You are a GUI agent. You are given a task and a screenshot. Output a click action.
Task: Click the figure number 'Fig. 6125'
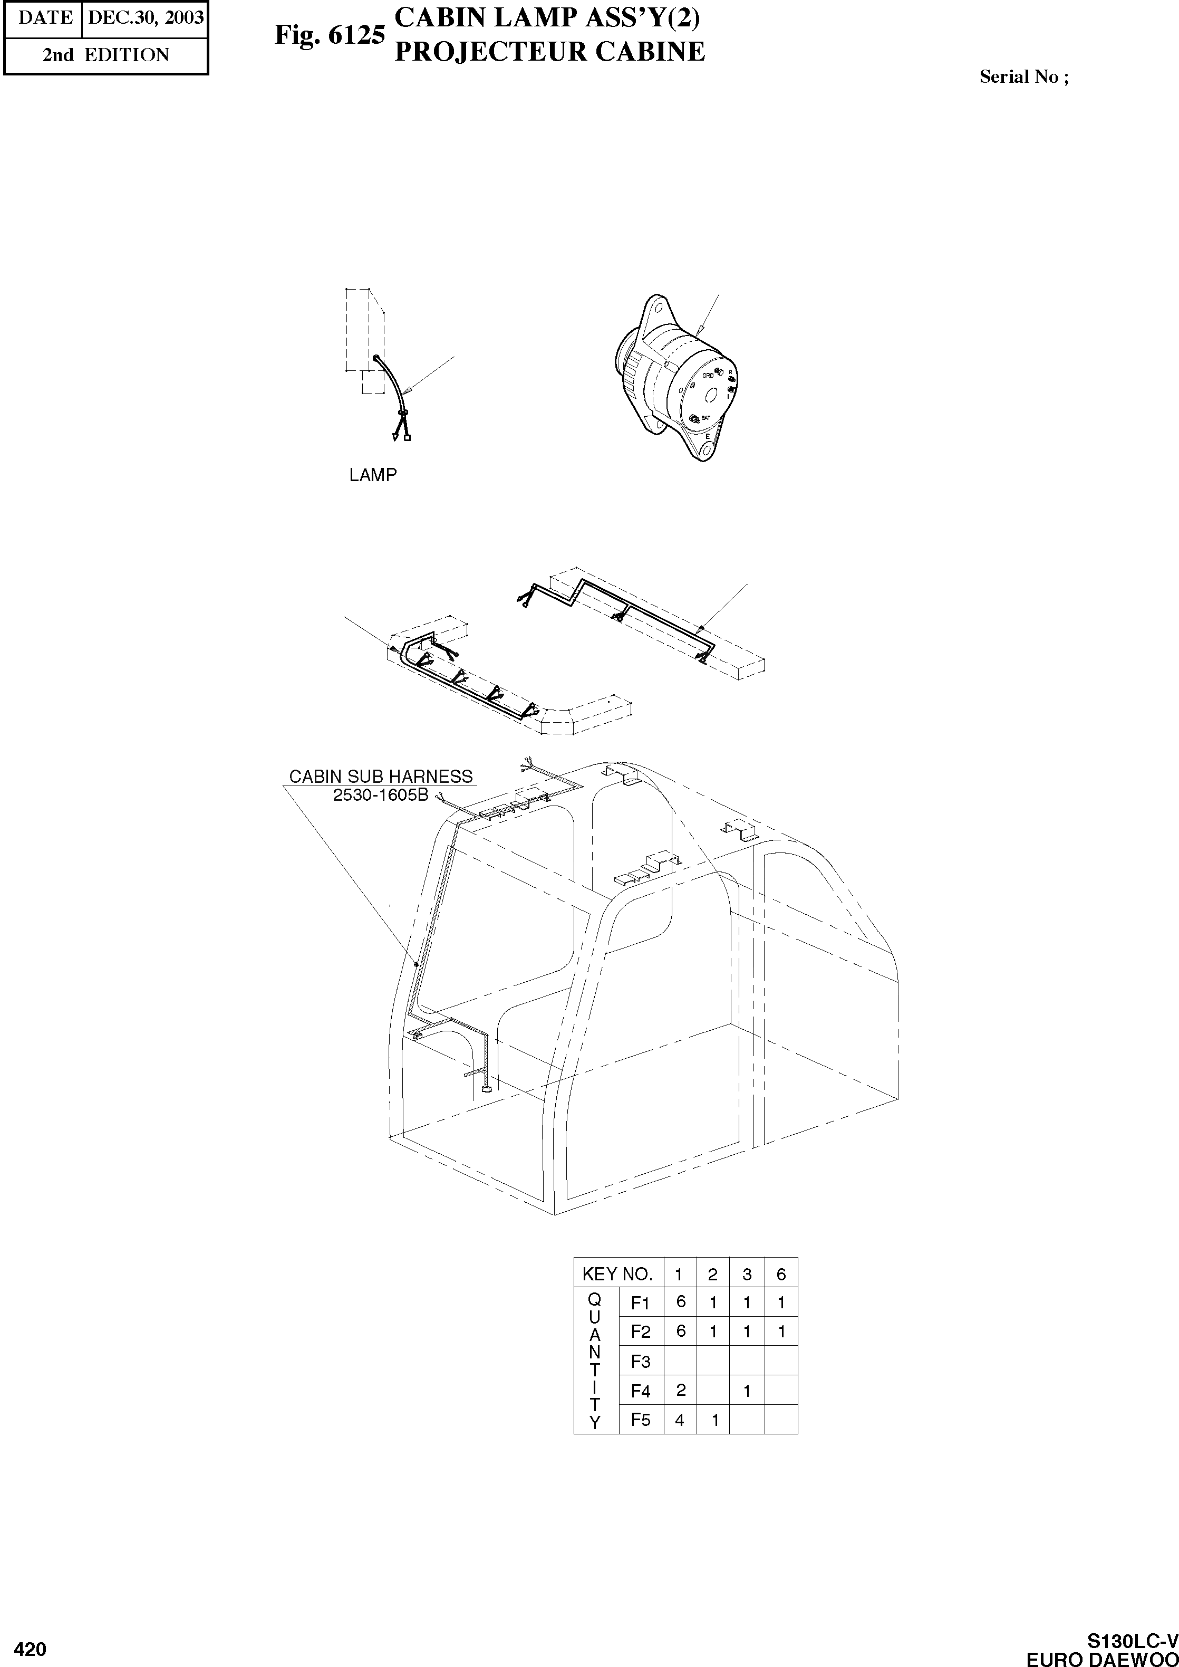(x=329, y=35)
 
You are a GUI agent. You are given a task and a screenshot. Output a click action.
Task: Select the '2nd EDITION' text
(x=105, y=55)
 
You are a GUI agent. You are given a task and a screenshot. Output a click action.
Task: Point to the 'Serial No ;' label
(x=1023, y=77)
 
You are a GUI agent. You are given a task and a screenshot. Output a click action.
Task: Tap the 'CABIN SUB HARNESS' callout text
(x=380, y=777)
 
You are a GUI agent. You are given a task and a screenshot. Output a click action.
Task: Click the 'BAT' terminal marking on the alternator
(x=706, y=418)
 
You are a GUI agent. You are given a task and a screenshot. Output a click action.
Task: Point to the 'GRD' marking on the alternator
(x=707, y=376)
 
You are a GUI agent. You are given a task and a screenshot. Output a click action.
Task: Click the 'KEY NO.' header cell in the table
(x=618, y=1274)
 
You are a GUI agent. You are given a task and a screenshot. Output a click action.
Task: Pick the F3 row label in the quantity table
(x=640, y=1361)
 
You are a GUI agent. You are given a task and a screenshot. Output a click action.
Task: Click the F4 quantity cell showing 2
(x=680, y=1390)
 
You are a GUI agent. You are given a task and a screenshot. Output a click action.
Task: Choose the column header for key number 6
(x=781, y=1274)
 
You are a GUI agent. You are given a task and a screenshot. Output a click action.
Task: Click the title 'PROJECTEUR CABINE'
(x=549, y=52)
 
